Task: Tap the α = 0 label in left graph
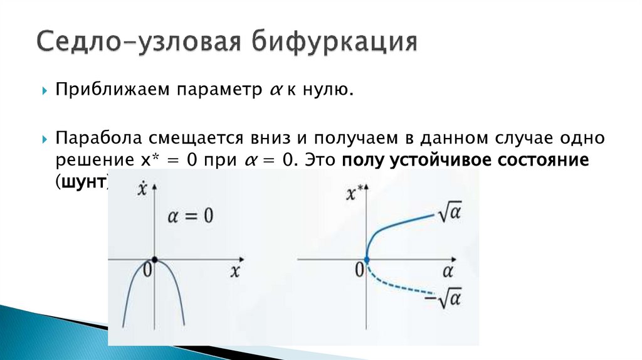coord(190,216)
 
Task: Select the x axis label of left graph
coord(235,271)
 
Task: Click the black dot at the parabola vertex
coord(154,259)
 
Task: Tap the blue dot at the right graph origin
coord(366,259)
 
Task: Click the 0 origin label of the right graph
coord(359,270)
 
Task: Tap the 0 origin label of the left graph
coord(147,270)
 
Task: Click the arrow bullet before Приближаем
coord(45,92)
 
